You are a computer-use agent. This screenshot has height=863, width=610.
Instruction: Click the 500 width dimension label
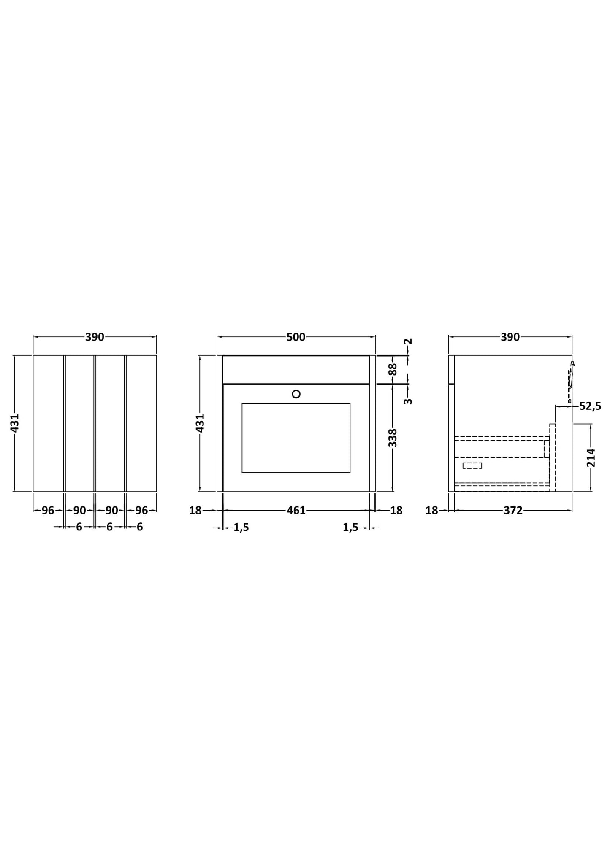click(296, 337)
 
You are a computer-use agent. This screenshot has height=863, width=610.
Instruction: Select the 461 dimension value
click(296, 510)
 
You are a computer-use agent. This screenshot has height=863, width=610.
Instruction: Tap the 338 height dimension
click(393, 438)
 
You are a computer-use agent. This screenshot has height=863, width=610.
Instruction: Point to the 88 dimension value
click(393, 369)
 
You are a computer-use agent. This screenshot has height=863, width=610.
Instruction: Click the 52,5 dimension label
click(590, 406)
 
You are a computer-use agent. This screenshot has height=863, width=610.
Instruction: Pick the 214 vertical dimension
click(591, 457)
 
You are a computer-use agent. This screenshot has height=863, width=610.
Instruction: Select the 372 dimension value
click(513, 510)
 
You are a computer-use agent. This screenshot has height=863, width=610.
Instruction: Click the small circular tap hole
click(296, 394)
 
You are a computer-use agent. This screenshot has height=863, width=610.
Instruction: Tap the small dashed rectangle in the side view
click(472, 465)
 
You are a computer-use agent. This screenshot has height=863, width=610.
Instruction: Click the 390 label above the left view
click(95, 337)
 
